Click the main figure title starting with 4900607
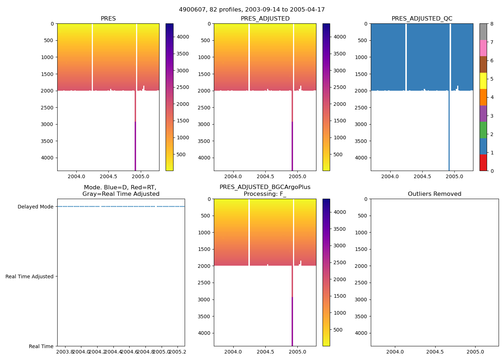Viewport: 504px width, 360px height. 252,10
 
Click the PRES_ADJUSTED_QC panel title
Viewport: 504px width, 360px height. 422,19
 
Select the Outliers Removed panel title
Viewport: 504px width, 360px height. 435,194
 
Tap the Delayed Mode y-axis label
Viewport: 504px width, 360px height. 35,207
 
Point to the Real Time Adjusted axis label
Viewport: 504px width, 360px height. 30,276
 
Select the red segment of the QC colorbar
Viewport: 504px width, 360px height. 483,162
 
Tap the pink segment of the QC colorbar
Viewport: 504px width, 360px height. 483,48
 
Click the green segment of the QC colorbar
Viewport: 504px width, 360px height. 483,130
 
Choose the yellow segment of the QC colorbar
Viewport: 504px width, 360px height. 483,81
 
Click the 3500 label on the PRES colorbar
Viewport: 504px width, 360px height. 183,54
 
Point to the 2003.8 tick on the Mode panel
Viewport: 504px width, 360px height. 65,352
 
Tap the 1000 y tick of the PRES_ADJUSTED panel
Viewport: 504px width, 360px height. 206,57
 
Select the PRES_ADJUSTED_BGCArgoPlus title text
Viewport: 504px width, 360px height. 265,187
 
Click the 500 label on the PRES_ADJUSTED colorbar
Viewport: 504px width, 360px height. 338,154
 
